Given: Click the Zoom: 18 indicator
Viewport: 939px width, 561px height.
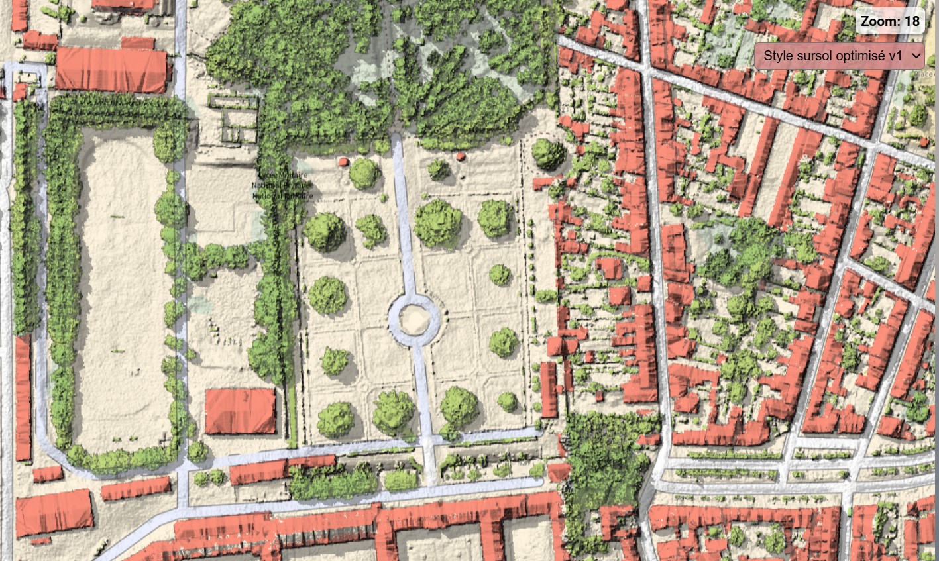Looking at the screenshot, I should [890, 21].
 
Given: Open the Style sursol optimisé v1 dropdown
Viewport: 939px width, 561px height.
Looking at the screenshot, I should [833, 56].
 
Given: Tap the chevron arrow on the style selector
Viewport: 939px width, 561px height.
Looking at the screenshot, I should [916, 56].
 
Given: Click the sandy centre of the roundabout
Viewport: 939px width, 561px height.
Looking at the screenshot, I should [414, 319].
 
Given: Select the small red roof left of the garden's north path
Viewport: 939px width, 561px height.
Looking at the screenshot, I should [343, 161].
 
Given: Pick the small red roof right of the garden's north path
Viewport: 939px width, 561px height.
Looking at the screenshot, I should [461, 156].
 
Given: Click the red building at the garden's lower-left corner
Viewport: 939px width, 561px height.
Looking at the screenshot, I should [240, 411].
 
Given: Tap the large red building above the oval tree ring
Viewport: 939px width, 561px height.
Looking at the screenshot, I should [111, 70].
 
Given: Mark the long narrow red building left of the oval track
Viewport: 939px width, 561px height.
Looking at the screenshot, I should [23, 397].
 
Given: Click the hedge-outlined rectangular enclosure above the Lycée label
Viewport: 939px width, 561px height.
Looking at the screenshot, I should [233, 119].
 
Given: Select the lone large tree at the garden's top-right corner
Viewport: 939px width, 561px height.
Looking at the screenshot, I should [548, 154].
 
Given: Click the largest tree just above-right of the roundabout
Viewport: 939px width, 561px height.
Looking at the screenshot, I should [438, 223].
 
